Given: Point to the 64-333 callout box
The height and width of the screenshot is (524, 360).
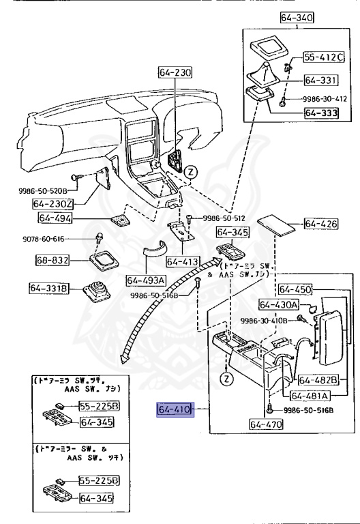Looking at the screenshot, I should coord(321,113).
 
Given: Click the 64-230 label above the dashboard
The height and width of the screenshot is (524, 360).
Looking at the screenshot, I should coord(176,72).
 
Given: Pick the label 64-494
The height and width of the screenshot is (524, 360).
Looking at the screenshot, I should coord(55,218).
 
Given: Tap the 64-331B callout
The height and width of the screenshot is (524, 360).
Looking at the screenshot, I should coord(48,289).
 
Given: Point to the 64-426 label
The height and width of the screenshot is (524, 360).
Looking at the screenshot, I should coord(320,224).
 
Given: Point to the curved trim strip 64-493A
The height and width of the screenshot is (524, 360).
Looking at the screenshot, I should coord(155,253).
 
